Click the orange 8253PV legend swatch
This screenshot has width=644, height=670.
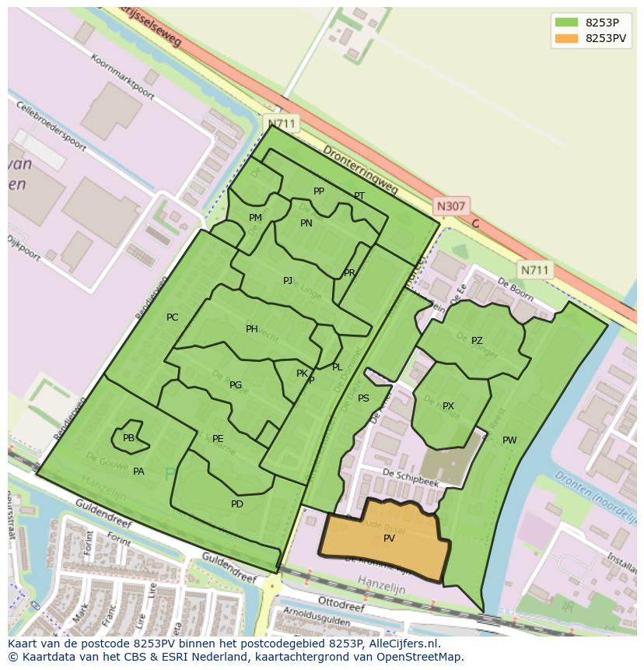coord(566,38)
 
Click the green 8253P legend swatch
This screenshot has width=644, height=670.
coord(566,23)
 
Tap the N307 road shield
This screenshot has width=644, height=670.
coord(450,206)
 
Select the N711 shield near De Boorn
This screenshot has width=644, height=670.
coord(534,270)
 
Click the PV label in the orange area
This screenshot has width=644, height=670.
coord(389,538)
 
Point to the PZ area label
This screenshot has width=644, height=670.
coord(477,341)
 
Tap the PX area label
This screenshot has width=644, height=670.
coord(448,406)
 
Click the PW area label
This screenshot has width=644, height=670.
coord(509,440)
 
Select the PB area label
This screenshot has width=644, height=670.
coord(128,438)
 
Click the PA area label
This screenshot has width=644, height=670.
coord(138,472)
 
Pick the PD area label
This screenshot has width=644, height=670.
coord(237,504)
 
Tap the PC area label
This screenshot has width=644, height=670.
coord(172,317)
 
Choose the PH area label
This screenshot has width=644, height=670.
coord(251,329)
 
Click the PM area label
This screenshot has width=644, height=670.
coord(255,218)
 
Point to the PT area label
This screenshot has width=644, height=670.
coord(359,196)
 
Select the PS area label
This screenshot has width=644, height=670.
coord(363,398)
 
